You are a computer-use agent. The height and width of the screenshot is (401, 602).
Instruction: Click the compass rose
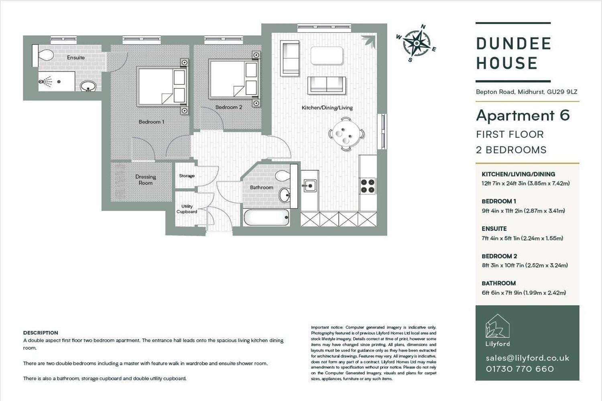coord(416,43)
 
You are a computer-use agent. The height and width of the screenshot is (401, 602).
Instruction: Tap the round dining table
coord(346,134)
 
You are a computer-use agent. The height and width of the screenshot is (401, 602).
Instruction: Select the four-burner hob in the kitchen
coord(368,186)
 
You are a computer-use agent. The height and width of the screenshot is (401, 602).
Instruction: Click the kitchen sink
coord(309,186)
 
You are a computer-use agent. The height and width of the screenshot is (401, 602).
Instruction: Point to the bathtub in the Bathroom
coord(266,217)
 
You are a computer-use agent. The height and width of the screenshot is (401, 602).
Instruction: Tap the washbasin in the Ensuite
coord(88,86)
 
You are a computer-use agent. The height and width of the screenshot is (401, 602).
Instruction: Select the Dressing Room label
coord(146,180)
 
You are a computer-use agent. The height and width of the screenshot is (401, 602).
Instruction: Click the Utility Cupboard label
coord(187,209)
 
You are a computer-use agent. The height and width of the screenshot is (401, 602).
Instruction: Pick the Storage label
coord(187,176)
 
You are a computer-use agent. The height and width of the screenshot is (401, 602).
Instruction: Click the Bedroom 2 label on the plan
coord(229,107)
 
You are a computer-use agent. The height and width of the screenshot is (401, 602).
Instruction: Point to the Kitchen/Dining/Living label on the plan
coord(327,108)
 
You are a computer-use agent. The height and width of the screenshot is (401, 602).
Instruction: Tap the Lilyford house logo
coord(498,326)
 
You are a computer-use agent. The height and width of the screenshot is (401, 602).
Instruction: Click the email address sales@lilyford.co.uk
coord(528,358)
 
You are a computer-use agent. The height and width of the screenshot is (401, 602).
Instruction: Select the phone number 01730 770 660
coord(520,369)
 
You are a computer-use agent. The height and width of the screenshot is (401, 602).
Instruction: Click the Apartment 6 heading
coord(523,115)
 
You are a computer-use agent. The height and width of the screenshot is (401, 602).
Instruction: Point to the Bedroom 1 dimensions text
coord(523,211)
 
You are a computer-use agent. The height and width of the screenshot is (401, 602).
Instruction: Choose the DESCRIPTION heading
coord(41,333)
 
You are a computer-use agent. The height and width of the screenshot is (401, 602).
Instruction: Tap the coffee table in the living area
coord(327,56)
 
